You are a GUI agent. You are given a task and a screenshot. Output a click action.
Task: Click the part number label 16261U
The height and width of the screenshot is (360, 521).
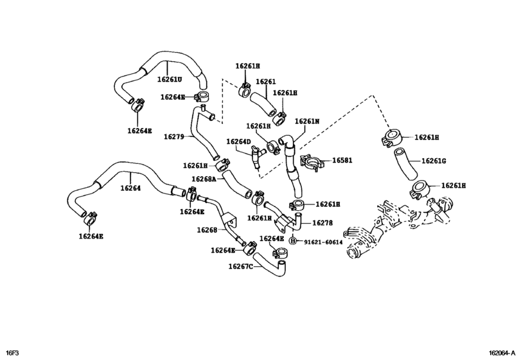pyautogui.click(x=170, y=80)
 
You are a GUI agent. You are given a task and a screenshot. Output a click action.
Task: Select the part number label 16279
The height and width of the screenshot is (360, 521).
pyautogui.click(x=173, y=136)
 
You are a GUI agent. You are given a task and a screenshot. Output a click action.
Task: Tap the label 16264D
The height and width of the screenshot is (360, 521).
pyautogui.click(x=238, y=141)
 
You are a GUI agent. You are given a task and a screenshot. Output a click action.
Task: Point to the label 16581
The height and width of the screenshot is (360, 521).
pyautogui.click(x=342, y=161)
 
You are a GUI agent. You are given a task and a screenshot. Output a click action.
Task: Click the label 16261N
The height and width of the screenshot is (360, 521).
pyautogui.click(x=307, y=121)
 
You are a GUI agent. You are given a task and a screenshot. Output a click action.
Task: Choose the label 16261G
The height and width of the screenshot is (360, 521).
pyautogui.click(x=434, y=161)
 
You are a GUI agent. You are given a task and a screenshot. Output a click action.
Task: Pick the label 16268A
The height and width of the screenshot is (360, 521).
pyautogui.click(x=204, y=179)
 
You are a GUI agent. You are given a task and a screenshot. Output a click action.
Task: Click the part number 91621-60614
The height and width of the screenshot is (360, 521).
pyautogui.click(x=323, y=242)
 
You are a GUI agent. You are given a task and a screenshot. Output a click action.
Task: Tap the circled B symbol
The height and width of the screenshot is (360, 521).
pyautogui.click(x=292, y=241)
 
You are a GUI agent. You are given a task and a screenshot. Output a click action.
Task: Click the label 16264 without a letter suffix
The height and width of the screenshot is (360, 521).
pyautogui.click(x=130, y=188)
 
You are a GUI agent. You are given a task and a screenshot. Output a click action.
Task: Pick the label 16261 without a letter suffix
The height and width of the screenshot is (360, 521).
pyautogui.click(x=265, y=82)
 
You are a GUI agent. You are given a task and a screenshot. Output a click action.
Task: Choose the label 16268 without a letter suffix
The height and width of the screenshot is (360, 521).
pyautogui.click(x=207, y=230)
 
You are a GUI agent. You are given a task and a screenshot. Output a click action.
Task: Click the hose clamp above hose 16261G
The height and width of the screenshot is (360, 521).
pyautogui.click(x=391, y=138)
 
